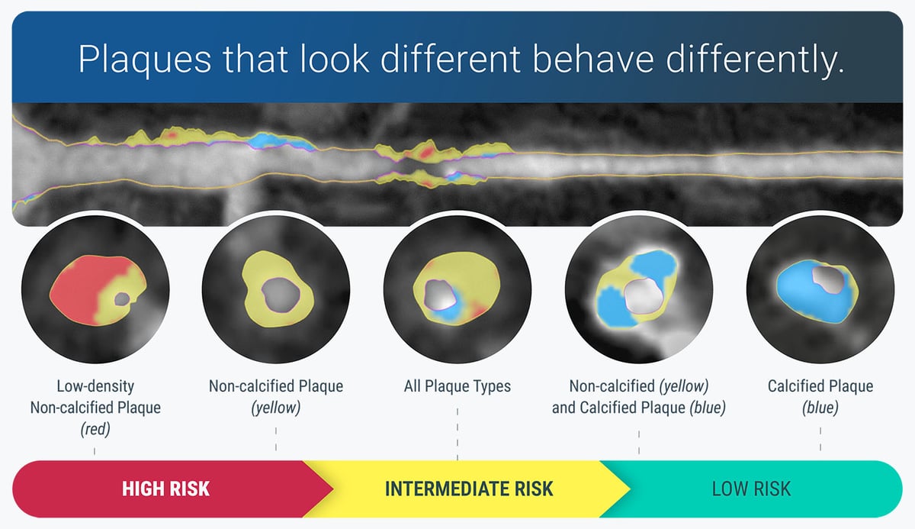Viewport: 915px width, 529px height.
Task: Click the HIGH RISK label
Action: tap(165, 488)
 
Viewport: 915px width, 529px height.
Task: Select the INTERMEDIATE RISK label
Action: tap(468, 488)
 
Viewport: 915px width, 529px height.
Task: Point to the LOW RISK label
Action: tap(750, 488)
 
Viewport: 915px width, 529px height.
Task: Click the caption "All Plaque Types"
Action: tap(457, 386)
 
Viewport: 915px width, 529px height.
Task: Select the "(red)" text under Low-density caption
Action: tap(95, 429)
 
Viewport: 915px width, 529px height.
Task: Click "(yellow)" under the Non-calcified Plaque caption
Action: tap(276, 408)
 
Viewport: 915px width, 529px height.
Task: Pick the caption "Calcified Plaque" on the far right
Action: tap(820, 386)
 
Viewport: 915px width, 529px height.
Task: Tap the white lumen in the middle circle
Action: tap(438, 293)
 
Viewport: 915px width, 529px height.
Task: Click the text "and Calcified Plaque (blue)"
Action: tap(638, 408)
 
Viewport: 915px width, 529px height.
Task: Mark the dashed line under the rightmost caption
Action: tap(820, 439)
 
